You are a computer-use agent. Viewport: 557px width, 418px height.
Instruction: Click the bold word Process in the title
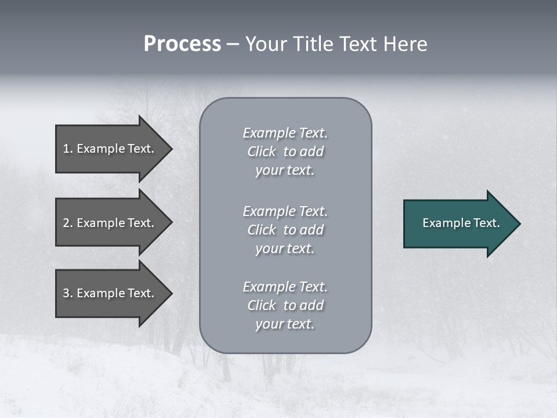[x=182, y=44]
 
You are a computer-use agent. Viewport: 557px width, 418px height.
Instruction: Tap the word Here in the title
[x=406, y=44]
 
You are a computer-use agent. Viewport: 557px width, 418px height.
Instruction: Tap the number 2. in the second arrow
[x=67, y=223]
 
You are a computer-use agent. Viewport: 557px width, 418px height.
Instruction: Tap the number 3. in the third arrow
[x=67, y=293]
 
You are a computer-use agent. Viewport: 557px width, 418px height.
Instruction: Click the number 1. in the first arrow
[x=67, y=149]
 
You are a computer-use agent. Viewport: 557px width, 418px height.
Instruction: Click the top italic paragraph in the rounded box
[x=285, y=152]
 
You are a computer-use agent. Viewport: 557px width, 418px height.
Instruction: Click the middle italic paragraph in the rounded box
[x=285, y=230]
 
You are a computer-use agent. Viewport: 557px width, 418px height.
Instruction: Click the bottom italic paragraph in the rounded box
[x=285, y=305]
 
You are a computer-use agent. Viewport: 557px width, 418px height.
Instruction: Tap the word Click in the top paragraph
[x=262, y=152]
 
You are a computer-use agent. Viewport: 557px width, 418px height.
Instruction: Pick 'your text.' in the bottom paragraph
[x=285, y=324]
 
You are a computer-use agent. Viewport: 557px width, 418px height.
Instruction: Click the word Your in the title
[x=263, y=44]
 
